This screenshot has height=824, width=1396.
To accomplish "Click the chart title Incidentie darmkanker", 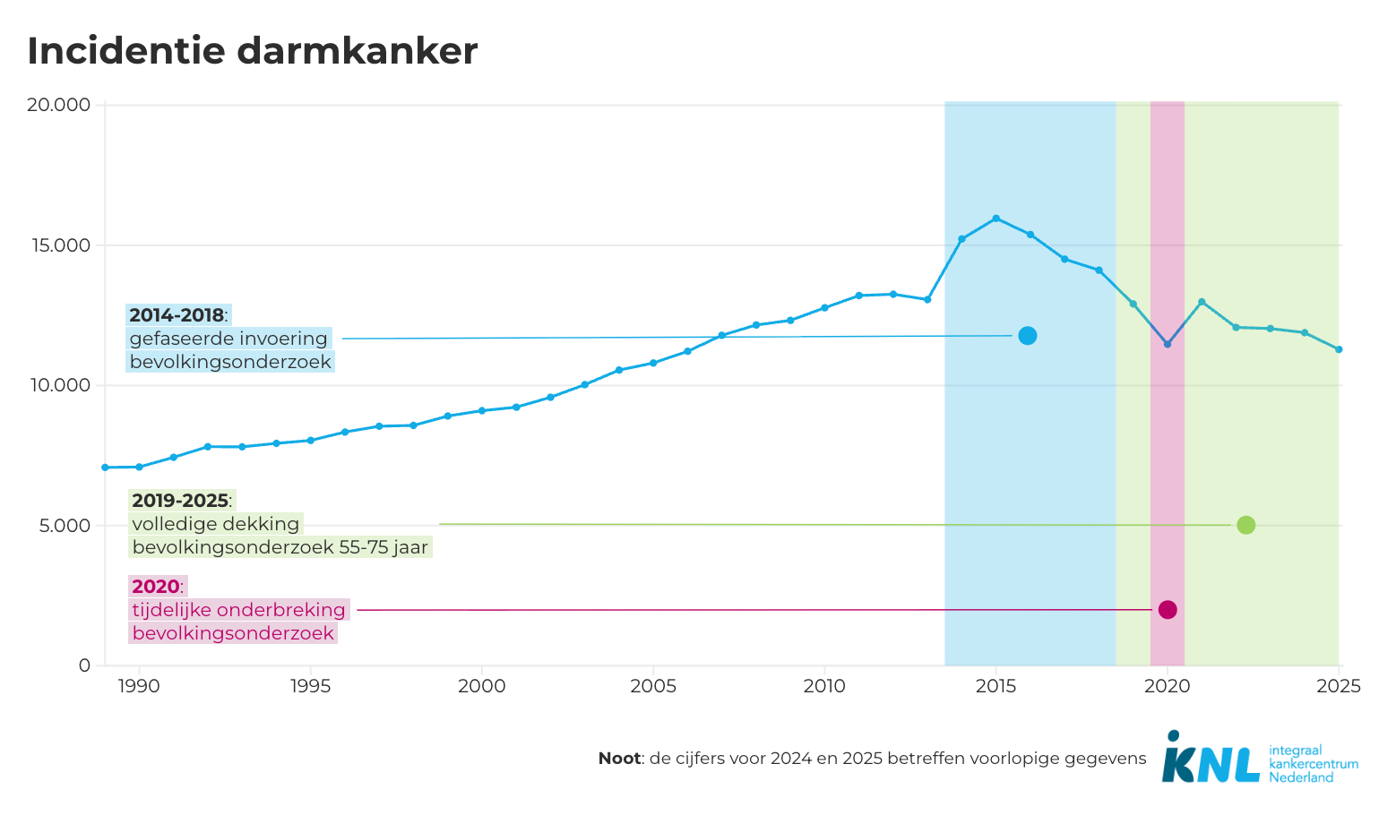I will [x=252, y=51].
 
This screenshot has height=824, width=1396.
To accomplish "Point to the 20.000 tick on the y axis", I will [x=59, y=105].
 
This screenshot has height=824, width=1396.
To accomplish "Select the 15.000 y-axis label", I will [x=59, y=245].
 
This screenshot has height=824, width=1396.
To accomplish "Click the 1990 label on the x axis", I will [x=139, y=687].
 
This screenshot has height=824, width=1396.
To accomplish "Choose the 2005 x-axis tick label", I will [x=653, y=687].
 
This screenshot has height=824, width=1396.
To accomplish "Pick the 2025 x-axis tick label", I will [x=1339, y=687].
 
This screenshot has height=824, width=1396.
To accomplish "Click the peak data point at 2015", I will [x=995, y=219].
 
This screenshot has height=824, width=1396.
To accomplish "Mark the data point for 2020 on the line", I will [x=1168, y=344].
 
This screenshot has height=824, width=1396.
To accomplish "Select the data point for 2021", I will [x=1202, y=302].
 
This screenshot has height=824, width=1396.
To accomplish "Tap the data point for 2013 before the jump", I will [x=927, y=299].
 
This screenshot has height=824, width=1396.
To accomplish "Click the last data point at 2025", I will [x=1339, y=349].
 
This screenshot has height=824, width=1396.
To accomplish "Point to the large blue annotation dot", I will [x=1028, y=336].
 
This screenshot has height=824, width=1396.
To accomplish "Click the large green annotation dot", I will [x=1245, y=525].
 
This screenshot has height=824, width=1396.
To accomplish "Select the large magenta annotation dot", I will [x=1168, y=610].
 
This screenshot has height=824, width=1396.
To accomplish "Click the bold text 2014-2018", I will [x=177, y=315].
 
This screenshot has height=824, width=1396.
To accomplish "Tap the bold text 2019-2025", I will [x=180, y=501].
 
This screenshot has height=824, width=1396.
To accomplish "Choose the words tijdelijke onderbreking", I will [x=238, y=610].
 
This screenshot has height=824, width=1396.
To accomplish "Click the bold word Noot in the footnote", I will [x=619, y=759].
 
